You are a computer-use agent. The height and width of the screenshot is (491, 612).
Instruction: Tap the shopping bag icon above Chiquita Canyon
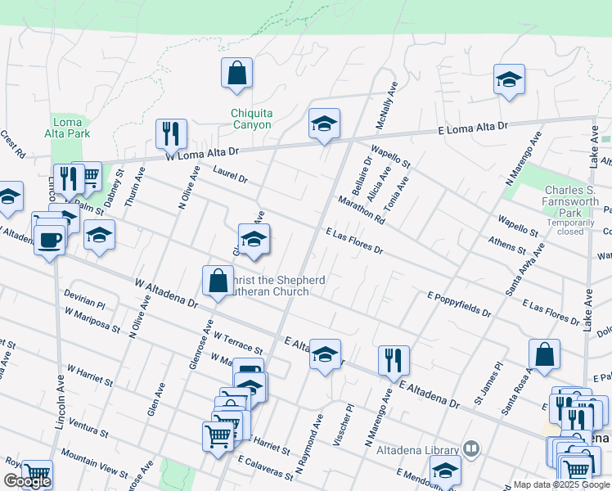[x=236, y=73]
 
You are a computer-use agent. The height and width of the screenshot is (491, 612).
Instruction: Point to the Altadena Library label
[x=417, y=448]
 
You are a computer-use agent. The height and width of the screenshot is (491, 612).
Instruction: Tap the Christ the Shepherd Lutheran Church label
[x=275, y=286]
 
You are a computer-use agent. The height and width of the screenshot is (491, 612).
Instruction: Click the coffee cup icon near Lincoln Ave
[x=49, y=240]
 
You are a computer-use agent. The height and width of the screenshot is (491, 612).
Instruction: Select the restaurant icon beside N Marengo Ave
[x=394, y=359]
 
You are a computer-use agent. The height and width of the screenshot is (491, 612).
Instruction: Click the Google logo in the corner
[x=26, y=481]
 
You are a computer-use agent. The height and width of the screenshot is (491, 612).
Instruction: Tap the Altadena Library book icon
[x=470, y=448]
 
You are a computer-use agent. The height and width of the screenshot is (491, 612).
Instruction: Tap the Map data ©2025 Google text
[x=561, y=484]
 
